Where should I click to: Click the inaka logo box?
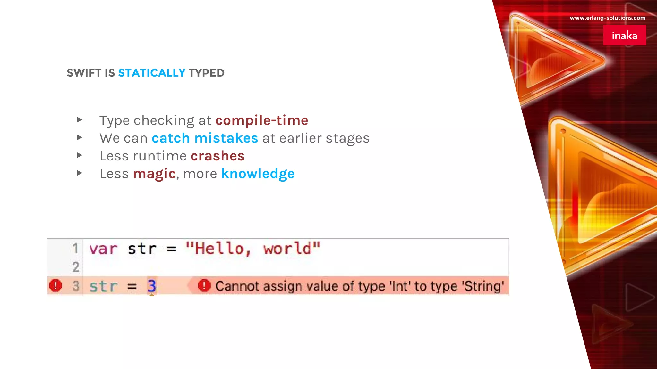(x=624, y=35)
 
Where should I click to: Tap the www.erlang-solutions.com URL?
(x=607, y=18)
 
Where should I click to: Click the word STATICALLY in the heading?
(x=152, y=73)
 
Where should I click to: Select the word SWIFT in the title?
(x=84, y=73)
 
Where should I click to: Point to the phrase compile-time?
(x=261, y=120)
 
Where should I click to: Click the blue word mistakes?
(x=226, y=138)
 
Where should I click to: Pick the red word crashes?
(x=218, y=156)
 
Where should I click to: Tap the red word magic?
(x=154, y=174)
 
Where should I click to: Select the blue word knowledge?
(x=258, y=174)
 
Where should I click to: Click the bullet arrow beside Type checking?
(x=80, y=120)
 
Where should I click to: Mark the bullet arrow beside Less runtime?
(x=80, y=155)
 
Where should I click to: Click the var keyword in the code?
(x=103, y=249)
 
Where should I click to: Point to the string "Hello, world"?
(x=253, y=249)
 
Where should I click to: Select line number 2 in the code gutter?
(x=76, y=267)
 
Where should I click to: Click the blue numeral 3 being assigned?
(x=152, y=286)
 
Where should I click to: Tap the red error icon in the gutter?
(x=55, y=285)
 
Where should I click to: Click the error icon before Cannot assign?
(x=204, y=285)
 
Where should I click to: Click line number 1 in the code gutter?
(x=75, y=248)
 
